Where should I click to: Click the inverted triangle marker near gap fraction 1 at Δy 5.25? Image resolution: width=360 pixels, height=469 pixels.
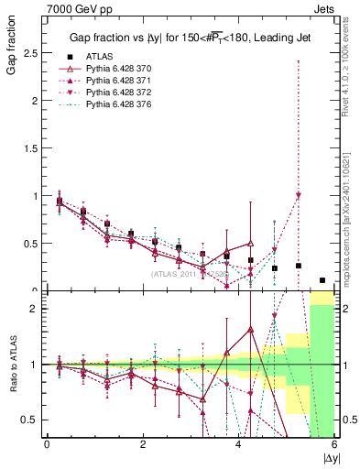299,195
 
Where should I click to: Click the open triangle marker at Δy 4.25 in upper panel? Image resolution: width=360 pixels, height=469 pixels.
250,244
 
